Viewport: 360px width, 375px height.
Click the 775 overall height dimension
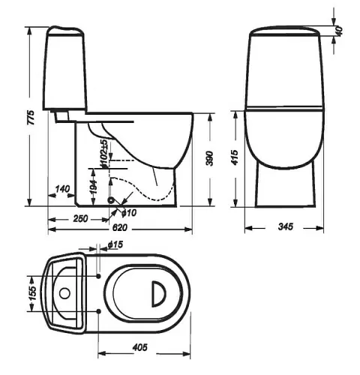tap(31, 117)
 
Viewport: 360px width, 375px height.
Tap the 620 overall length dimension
tap(120, 227)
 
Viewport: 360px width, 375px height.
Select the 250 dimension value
tap(80, 218)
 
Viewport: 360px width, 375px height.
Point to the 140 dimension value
tap(62, 189)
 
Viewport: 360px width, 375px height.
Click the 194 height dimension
tap(93, 186)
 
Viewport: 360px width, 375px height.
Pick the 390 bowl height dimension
tap(209, 158)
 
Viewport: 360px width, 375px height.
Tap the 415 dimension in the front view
tap(235, 157)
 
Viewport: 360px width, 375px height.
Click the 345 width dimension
tap(285, 226)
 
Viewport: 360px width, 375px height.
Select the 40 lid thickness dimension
tap(339, 31)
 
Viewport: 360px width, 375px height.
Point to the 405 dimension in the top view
tap(140, 347)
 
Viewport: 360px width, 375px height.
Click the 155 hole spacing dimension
tap(33, 293)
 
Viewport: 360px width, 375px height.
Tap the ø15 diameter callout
tap(115, 244)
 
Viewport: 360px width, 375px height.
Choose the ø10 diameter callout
tap(129, 213)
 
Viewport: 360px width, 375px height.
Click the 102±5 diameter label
tap(104, 154)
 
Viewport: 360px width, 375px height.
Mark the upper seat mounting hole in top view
tap(99, 276)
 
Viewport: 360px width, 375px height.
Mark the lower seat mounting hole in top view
tap(99, 311)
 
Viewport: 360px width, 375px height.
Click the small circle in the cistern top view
tap(64, 293)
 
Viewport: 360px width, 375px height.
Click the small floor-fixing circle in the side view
tap(111, 200)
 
